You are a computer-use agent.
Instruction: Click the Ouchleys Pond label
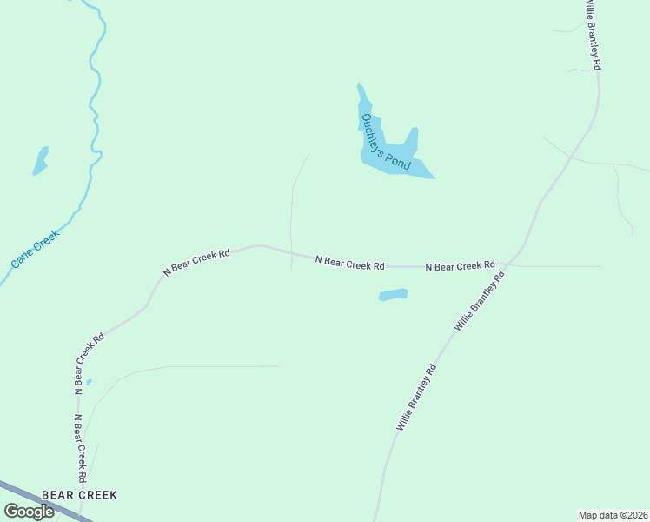(385, 141)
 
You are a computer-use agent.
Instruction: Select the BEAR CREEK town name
(74, 495)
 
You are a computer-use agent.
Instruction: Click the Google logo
(30, 512)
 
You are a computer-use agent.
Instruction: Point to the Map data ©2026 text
(613, 514)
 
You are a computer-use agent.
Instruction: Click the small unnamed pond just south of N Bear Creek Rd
(394, 295)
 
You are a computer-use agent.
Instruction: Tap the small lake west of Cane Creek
(40, 161)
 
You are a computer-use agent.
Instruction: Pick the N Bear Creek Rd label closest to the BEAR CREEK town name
(80, 449)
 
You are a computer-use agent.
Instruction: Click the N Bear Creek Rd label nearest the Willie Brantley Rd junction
(460, 264)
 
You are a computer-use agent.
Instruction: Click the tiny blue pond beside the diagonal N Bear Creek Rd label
(89, 381)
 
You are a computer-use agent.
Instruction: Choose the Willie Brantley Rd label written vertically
(593, 35)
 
